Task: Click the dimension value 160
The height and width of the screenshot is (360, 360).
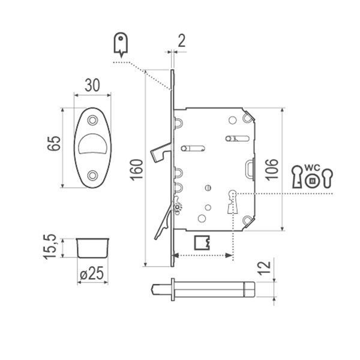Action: (137, 170)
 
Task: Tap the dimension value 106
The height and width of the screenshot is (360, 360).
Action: (272, 169)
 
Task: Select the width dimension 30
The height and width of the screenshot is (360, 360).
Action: (92, 85)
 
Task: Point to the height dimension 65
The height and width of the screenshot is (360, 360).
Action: (54, 143)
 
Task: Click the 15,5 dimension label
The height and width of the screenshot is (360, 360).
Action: (50, 247)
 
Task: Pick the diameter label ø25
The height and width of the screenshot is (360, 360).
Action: (92, 273)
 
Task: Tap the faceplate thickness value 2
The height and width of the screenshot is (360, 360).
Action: (181, 41)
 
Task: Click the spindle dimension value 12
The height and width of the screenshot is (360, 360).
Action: (264, 268)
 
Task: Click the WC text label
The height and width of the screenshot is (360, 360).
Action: (312, 168)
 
